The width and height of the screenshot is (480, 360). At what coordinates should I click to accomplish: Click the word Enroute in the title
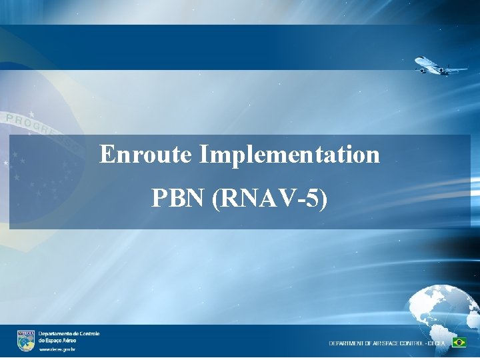pos(146,155)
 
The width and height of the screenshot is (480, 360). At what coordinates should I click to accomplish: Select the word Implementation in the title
pos(289,155)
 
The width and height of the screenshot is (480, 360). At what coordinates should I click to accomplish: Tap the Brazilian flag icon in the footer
pos(459,342)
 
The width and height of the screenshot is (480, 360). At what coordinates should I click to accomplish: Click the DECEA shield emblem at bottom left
pos(26,340)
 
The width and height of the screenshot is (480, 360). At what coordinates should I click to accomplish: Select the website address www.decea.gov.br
pos(57,349)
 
